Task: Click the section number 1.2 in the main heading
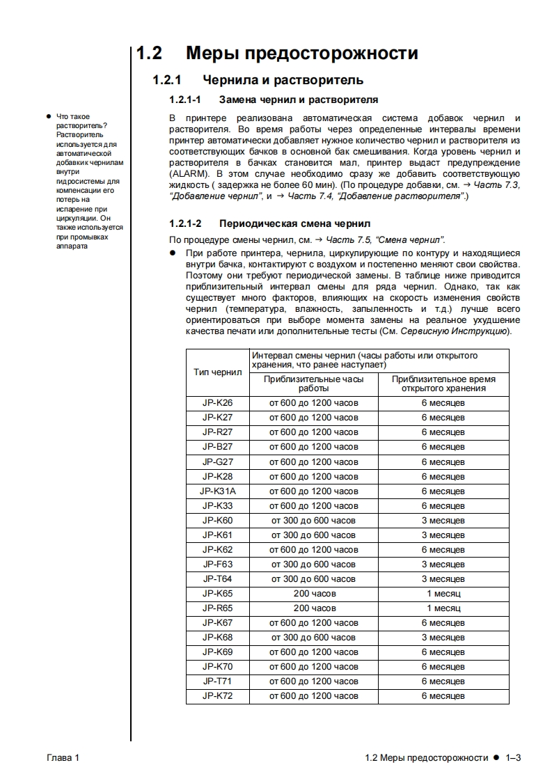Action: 148,54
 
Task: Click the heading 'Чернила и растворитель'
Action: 283,81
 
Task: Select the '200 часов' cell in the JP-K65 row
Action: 314,594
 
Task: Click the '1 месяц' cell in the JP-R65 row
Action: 443,608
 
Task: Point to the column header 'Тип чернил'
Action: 217,372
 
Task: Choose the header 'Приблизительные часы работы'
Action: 314,384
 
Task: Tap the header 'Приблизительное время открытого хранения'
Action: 443,384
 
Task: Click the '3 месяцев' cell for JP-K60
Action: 443,521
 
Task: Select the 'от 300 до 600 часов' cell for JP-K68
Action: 314,638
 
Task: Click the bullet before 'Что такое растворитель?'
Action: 47,116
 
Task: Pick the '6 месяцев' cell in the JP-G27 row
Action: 443,462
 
